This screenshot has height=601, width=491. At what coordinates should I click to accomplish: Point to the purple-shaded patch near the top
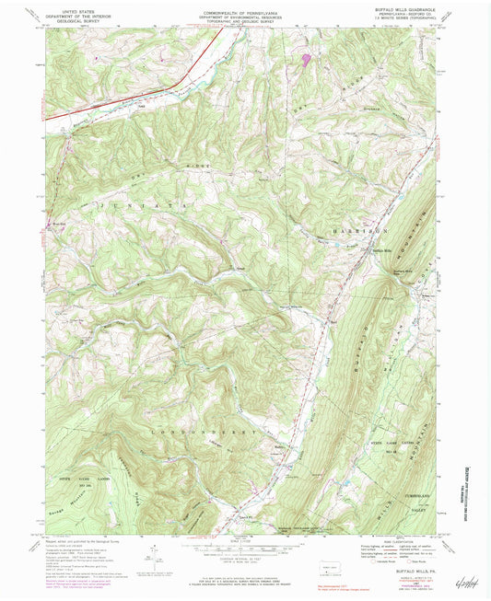[306, 59]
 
